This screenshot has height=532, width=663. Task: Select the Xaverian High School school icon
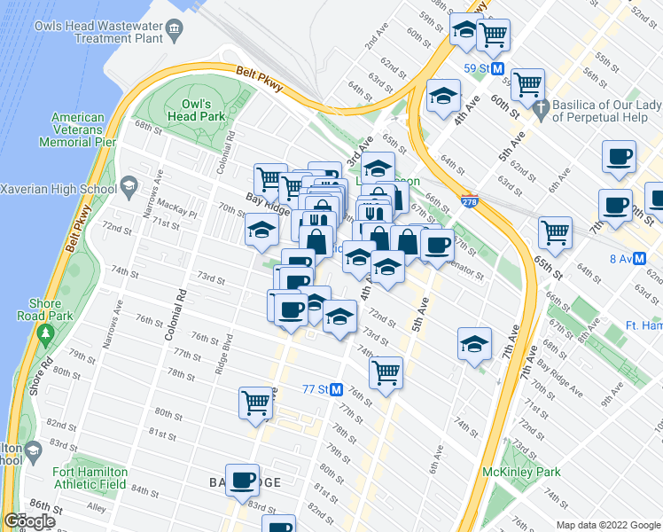point(129,188)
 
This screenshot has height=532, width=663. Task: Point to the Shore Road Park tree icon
point(45,334)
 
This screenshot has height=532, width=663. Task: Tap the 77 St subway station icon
point(336,389)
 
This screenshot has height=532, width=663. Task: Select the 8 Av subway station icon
point(640,259)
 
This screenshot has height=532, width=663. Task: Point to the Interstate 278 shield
point(469,201)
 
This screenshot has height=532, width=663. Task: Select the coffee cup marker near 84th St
point(242,480)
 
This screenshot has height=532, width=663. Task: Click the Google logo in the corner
point(29,521)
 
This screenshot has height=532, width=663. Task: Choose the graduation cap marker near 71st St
point(261,230)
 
